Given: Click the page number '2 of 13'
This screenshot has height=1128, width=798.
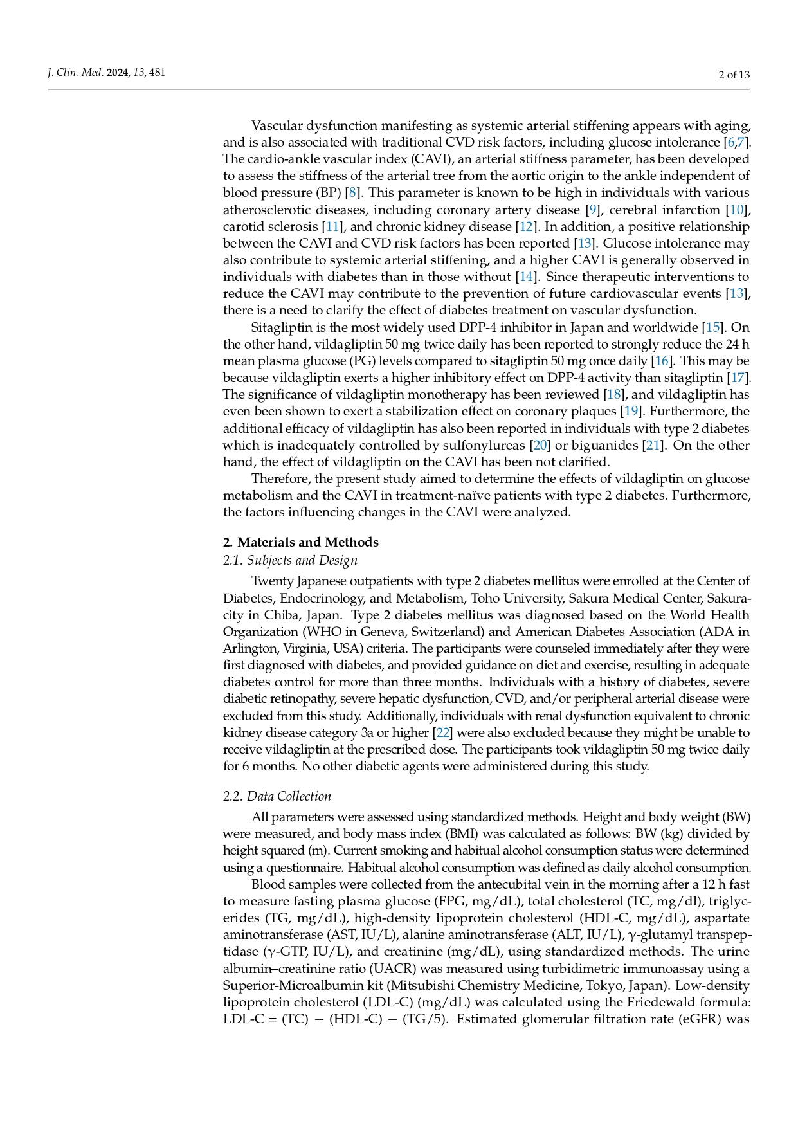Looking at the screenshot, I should [x=734, y=75].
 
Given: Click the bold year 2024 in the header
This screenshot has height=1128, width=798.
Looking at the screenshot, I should [x=118, y=73].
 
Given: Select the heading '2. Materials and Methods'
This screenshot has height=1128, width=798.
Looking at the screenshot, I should [x=300, y=542].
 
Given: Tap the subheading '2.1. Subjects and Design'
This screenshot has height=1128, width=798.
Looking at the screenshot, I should [x=290, y=560].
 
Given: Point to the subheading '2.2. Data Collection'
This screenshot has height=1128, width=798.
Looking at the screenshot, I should [x=277, y=796].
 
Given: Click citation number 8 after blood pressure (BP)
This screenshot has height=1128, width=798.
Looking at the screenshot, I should [x=352, y=193].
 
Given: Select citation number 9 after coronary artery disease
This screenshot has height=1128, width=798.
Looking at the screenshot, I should [x=593, y=210].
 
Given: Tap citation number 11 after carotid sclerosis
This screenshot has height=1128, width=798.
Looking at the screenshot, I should [x=332, y=226].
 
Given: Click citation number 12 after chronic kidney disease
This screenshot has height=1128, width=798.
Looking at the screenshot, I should [x=525, y=226].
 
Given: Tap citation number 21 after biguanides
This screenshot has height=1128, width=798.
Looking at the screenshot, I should [x=653, y=445].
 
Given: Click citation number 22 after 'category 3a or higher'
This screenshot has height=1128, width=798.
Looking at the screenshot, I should [x=441, y=733].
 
